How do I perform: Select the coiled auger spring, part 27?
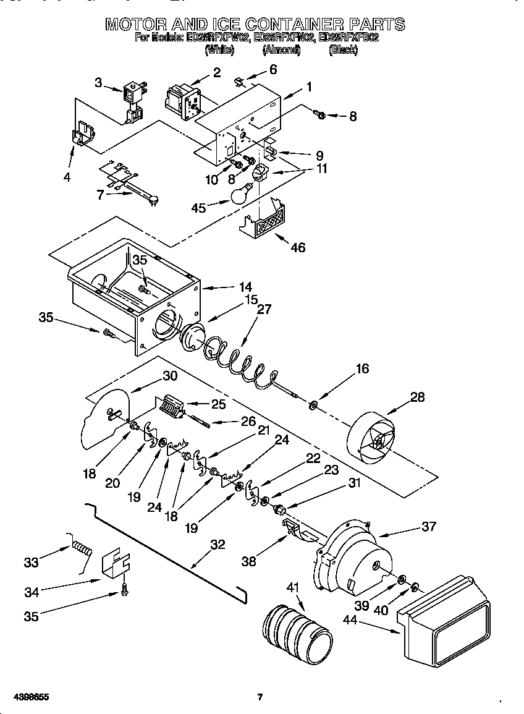point(238,360)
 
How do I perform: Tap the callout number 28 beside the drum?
point(418,397)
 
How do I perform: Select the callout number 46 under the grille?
point(297,247)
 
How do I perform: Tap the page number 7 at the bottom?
point(260,697)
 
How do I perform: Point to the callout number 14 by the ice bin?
point(245,287)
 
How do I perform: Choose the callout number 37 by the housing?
point(428,527)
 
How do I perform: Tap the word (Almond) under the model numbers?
point(281,50)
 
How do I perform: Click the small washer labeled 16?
point(313,406)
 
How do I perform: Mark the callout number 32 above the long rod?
point(218,545)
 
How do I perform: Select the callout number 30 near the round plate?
point(170,375)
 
